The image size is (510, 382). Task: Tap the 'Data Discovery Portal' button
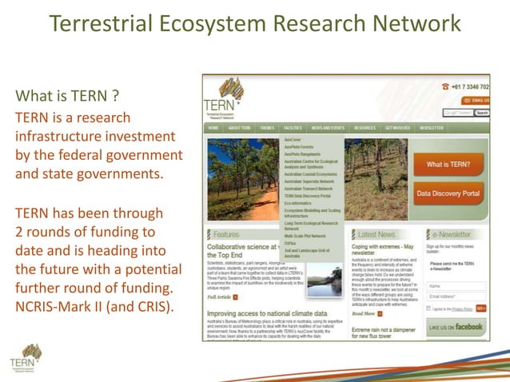(448, 193)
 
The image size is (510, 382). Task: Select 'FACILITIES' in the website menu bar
(293, 128)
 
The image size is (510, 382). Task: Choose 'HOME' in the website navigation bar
(213, 128)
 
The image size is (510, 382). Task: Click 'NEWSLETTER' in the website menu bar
(432, 128)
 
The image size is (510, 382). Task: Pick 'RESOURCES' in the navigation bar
(365, 128)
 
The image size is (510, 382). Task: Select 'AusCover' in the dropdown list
(293, 139)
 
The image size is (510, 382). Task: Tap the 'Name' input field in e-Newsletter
(456, 285)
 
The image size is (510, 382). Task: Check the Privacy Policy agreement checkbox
(429, 308)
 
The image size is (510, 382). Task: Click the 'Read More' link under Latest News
(367, 314)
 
